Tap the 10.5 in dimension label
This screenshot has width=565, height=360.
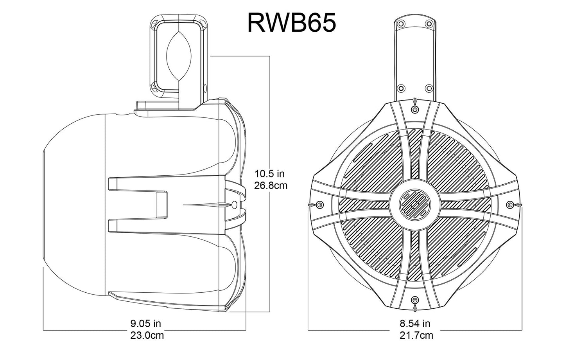click(x=269, y=173)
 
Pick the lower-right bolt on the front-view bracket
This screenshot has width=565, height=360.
click(x=429, y=88)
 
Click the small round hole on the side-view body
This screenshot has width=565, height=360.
click(x=234, y=205)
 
